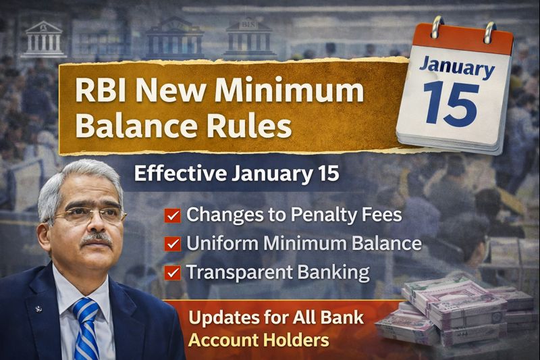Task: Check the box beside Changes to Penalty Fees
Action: [x=173, y=216]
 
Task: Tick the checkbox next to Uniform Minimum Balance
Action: [x=173, y=244]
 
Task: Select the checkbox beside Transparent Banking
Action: [x=173, y=272]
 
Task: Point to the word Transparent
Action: [x=236, y=272]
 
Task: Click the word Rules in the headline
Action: [x=250, y=126]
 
